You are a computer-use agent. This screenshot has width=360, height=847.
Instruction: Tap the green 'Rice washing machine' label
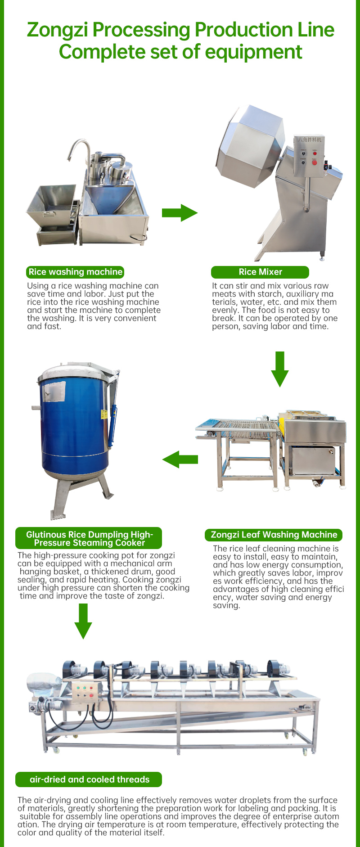point(75,272)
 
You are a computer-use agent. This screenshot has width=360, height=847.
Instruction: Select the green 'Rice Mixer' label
point(260,272)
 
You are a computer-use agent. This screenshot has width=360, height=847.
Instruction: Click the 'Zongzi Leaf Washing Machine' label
point(274,535)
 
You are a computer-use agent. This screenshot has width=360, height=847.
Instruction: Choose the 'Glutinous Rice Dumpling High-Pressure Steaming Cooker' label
point(89,539)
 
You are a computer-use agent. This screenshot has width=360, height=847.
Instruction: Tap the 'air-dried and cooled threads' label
point(89,779)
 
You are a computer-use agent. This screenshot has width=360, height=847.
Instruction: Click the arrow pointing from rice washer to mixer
point(180,212)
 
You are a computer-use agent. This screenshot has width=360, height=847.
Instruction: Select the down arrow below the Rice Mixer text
point(280,369)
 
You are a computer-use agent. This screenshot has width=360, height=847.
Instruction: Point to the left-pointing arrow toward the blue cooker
point(180,459)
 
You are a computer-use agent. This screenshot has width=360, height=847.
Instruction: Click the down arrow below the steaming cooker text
point(83,621)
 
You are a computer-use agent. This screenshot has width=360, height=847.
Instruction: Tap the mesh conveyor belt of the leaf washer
point(241,425)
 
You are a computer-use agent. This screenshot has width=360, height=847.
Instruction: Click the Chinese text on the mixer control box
point(310,140)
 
